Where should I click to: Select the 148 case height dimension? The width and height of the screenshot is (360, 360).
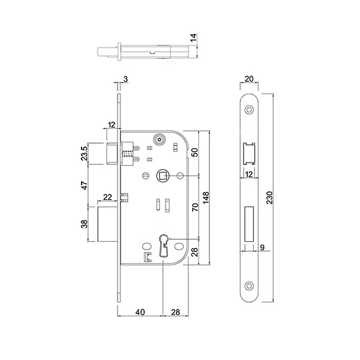206,197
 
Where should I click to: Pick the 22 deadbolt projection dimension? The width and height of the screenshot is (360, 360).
107,197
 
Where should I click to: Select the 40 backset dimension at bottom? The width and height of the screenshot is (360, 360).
139,313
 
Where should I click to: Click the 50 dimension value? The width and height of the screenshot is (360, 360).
193,152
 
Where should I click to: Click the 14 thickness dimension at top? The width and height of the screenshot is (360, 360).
193,37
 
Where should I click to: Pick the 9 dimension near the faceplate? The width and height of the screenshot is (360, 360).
263,246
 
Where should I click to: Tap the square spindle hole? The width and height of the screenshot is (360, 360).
163,175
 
